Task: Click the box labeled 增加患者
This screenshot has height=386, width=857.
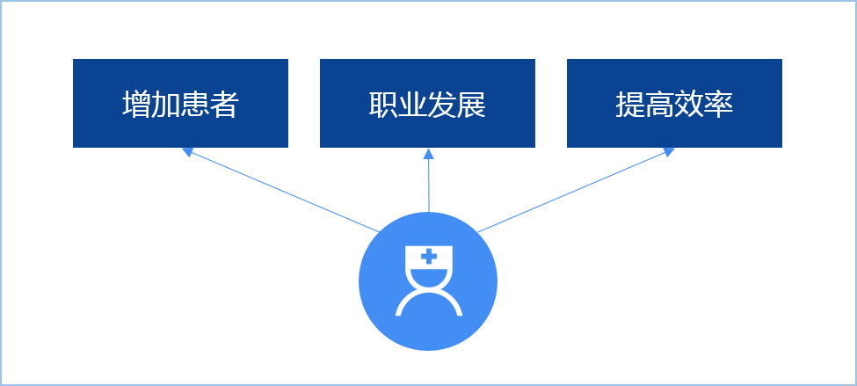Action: tap(180, 103)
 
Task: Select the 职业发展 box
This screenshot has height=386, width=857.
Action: tap(427, 103)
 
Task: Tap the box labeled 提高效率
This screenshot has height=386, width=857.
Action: tap(674, 103)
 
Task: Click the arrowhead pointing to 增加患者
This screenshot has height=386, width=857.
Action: tap(186, 152)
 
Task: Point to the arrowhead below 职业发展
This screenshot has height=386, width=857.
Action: tap(428, 154)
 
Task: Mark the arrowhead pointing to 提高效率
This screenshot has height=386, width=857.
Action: tap(669, 152)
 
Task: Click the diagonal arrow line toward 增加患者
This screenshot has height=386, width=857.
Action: tap(281, 192)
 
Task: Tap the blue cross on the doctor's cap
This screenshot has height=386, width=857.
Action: tap(428, 257)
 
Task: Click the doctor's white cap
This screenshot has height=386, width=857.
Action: tap(428, 262)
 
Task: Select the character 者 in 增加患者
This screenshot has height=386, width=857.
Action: tap(224, 106)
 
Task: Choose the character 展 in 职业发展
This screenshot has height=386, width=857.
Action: tap(471, 106)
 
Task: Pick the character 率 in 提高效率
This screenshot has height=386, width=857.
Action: tap(718, 106)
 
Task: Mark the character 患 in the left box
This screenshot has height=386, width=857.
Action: tap(195, 106)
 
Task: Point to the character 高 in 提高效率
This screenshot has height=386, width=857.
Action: tap(659, 106)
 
